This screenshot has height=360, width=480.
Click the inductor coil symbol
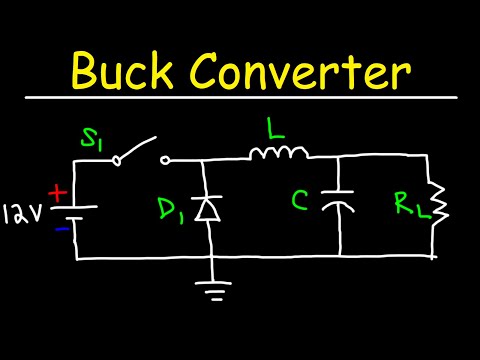(x=279, y=153)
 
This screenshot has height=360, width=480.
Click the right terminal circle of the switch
(x=165, y=158)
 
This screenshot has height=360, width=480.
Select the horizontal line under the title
(x=240, y=98)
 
